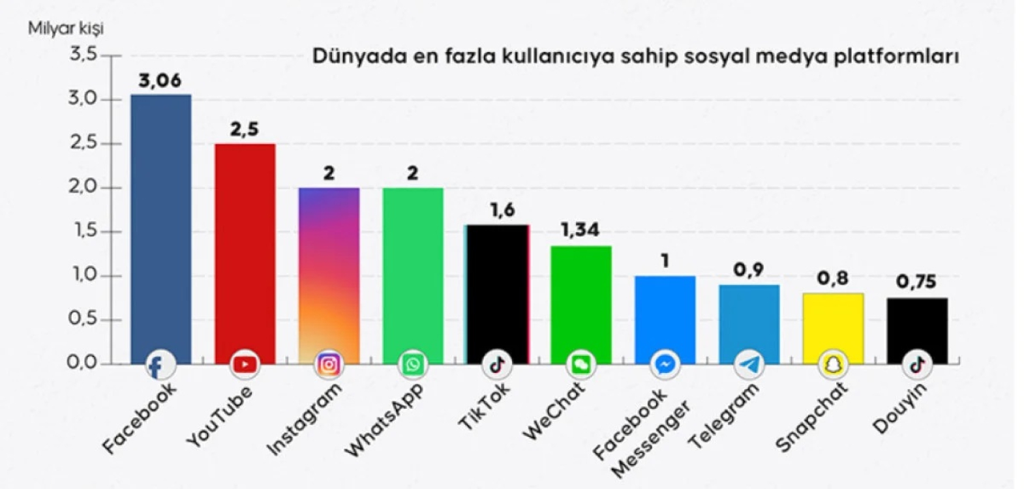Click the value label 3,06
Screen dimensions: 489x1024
(160, 81)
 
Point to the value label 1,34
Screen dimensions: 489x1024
(580, 230)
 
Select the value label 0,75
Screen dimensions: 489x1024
(916, 282)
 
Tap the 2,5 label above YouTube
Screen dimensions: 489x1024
(244, 129)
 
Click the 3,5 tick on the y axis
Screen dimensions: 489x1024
(83, 55)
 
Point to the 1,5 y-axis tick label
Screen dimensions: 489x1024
(83, 231)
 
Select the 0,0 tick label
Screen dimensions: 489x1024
(82, 363)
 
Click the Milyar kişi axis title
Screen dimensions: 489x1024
(65, 29)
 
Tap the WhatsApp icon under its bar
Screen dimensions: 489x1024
(413, 364)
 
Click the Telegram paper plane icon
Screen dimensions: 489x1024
(749, 364)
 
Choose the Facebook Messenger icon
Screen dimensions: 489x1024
(665, 364)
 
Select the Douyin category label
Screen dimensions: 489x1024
(900, 409)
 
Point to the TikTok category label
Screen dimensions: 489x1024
(483, 406)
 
